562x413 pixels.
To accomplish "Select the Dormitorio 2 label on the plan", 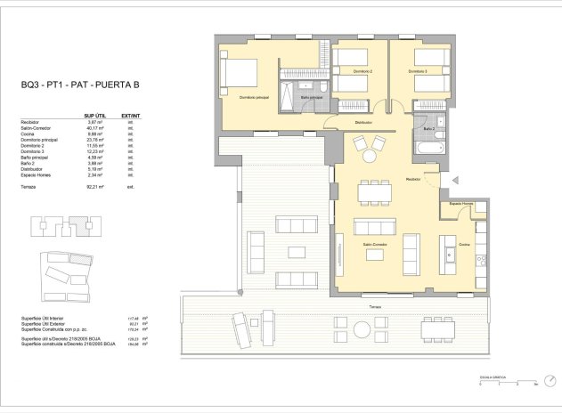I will click(x=359, y=71).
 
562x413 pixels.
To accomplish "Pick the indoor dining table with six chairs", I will click(x=375, y=191).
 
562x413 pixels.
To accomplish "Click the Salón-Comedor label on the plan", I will click(x=374, y=244).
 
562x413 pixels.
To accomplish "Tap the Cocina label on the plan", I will click(x=463, y=245).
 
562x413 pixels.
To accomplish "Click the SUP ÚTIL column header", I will click(x=95, y=115).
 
